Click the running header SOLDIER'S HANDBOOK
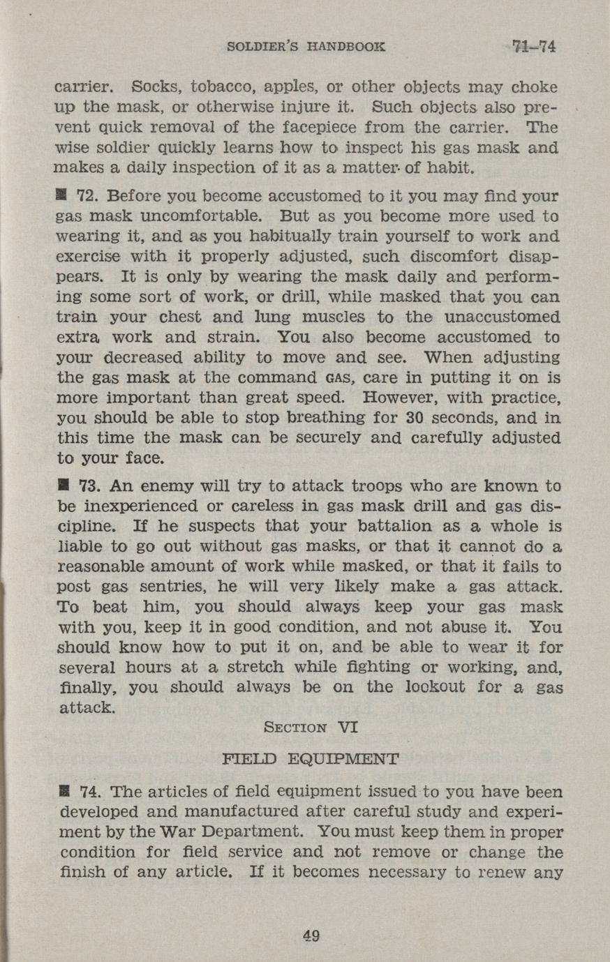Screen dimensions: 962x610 306,47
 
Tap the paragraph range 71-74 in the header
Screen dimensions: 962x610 534,47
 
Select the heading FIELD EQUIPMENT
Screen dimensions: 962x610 310,758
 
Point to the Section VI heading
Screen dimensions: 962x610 311,727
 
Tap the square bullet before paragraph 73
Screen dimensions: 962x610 61,485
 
